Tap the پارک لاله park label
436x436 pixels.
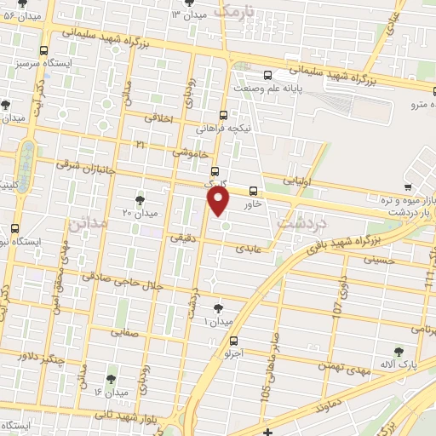tap(399, 365)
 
